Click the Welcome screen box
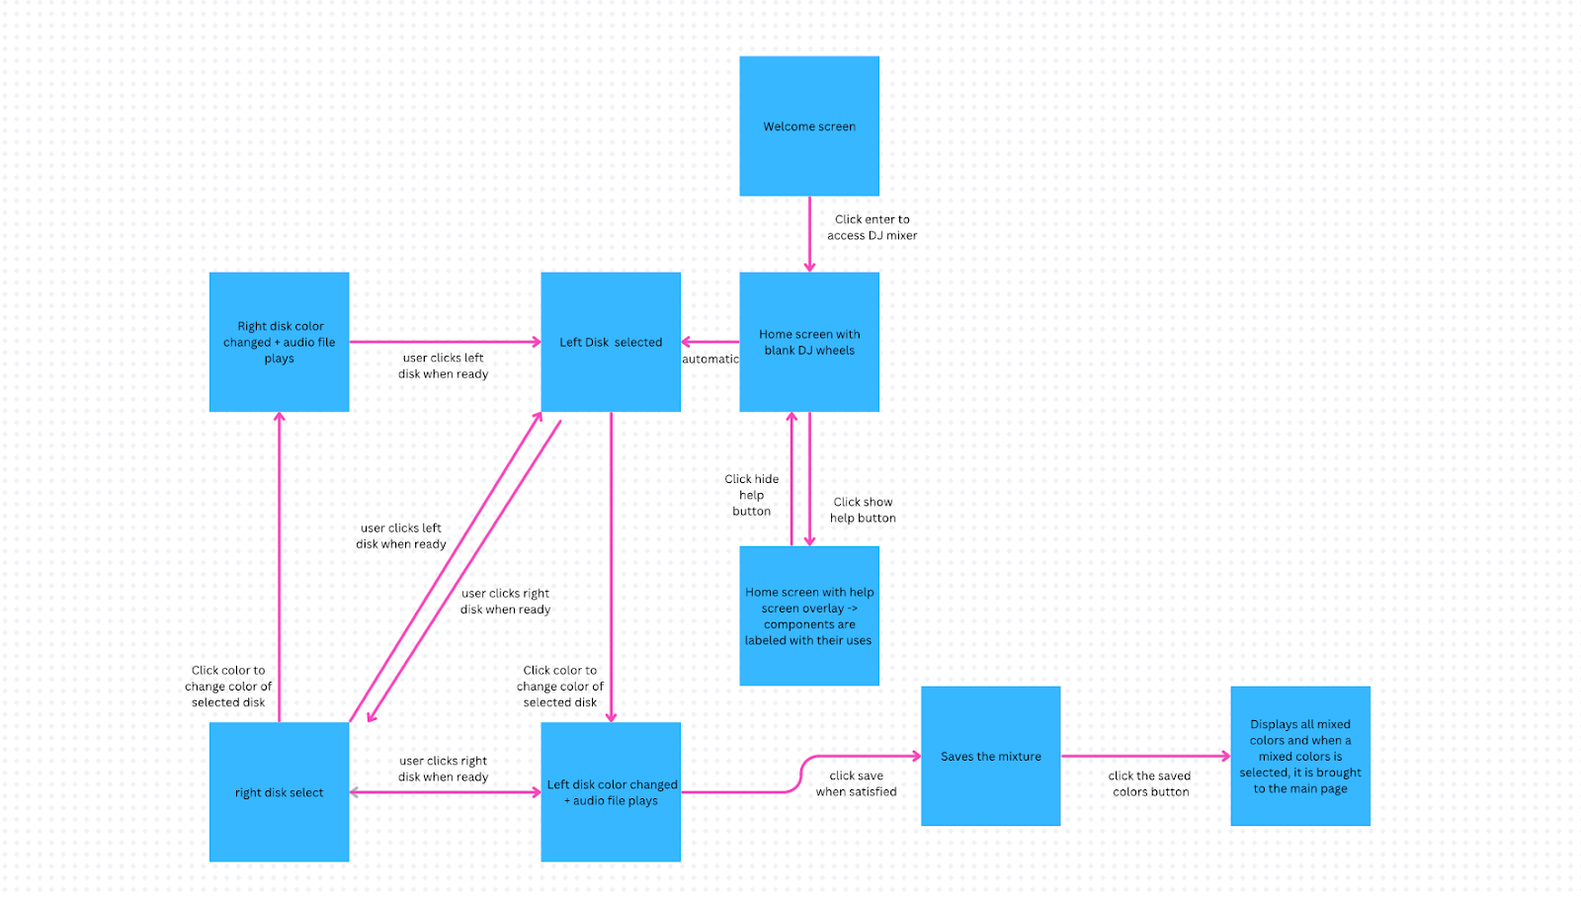809,126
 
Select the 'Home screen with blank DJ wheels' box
809,342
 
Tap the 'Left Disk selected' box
611,342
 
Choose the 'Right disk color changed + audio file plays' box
279,342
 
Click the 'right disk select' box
279,792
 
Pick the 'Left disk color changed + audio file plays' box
611,792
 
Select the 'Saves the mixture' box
990,756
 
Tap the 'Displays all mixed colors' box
1300,756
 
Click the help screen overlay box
809,615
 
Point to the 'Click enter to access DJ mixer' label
872,227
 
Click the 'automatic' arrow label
710,359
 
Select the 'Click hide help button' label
751,495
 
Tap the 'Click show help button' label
863,510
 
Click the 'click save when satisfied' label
856,783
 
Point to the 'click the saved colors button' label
1150,783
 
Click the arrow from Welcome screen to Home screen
809,234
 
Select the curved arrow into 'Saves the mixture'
800,775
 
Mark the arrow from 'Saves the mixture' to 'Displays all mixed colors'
1146,756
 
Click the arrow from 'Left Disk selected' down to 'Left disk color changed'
612,567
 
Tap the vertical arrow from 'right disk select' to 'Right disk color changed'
280,567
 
